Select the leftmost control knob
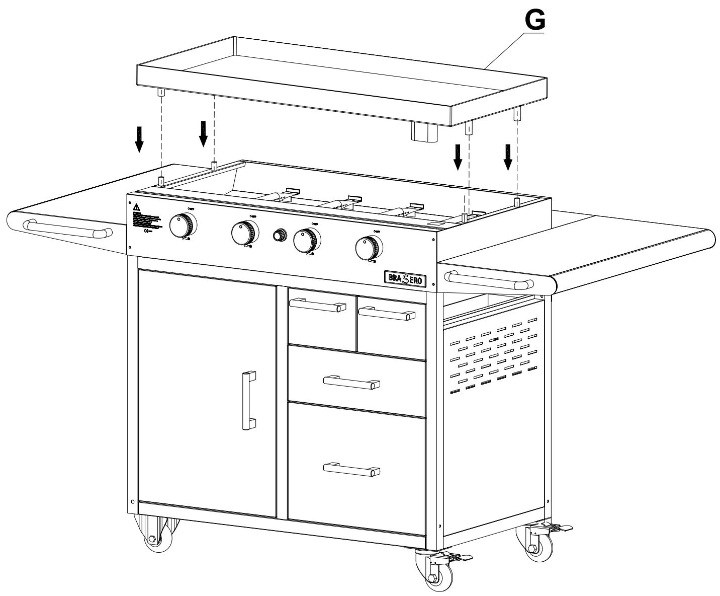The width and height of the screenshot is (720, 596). (x=183, y=226)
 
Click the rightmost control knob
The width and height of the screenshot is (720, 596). (x=368, y=247)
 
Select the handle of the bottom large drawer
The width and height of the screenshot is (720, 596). (x=351, y=469)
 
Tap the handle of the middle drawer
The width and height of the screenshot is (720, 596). (x=351, y=382)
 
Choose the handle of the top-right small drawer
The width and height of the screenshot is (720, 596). (x=386, y=313)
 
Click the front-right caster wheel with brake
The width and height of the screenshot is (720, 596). (x=432, y=571)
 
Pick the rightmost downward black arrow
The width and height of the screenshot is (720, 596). (x=508, y=157)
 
